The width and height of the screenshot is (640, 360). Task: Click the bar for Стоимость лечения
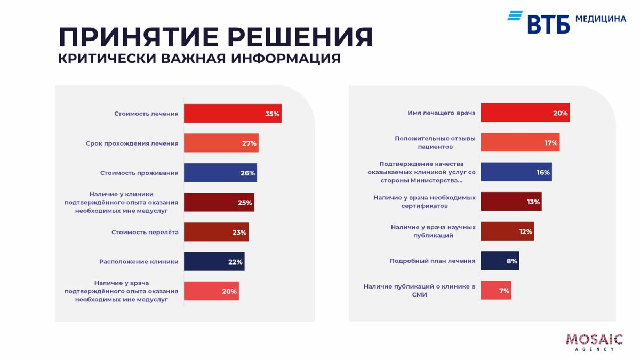pos(232,114)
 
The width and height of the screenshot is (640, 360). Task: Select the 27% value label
pos(249,143)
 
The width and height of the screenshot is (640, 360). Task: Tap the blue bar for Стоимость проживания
pos(220,173)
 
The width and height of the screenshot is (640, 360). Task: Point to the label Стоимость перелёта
pos(145,233)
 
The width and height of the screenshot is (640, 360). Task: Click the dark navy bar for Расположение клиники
pos(213,262)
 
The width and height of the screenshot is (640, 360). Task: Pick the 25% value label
pos(245,203)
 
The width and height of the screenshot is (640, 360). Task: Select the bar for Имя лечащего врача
pos(525,113)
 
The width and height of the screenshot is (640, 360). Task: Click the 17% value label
pos(551,143)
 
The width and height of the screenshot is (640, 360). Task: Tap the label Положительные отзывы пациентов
pos(435,142)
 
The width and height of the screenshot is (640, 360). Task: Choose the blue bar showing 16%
pos(516,172)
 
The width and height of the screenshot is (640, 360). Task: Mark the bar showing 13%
pos(510,202)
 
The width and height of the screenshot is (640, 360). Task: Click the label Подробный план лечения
pos(433,261)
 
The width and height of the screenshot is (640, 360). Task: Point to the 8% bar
pos(499,261)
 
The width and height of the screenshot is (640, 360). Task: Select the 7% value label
pos(504,291)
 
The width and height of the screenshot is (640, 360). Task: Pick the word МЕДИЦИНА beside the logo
pos(601,19)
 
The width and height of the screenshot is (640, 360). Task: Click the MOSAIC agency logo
pos(594,342)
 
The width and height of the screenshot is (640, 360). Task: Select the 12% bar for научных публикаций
pos(507,232)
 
